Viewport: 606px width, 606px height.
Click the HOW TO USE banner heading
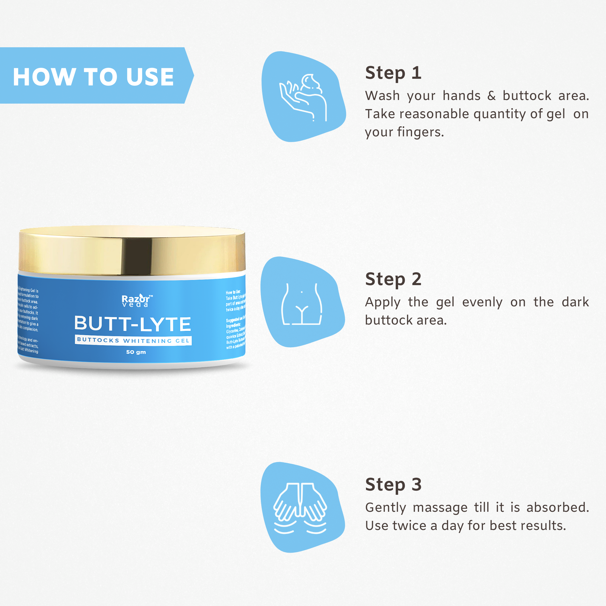pyautogui.click(x=93, y=77)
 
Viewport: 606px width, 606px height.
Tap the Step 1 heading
pyautogui.click(x=393, y=73)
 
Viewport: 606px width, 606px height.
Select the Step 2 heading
pyautogui.click(x=393, y=279)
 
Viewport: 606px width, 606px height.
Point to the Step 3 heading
pyautogui.click(x=393, y=484)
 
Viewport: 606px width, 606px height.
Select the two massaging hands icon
pyautogui.click(x=300, y=508)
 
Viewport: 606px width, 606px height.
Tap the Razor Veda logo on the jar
pyautogui.click(x=136, y=301)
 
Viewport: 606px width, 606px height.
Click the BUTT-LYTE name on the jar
pyautogui.click(x=133, y=324)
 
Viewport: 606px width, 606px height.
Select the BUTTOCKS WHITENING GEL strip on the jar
pyautogui.click(x=133, y=340)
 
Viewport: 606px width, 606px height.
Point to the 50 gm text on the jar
pyautogui.click(x=136, y=352)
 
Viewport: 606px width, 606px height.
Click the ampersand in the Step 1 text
pyautogui.click(x=491, y=96)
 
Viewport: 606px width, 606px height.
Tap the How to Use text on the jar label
pyautogui.click(x=233, y=292)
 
